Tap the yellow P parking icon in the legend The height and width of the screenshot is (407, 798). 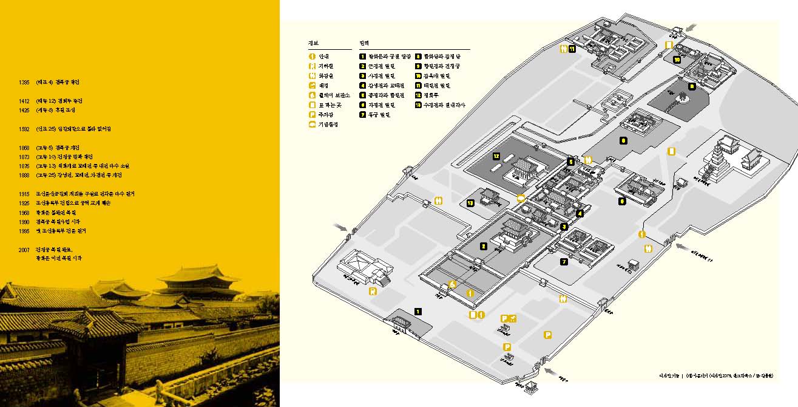312,115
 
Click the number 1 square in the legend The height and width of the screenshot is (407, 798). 362,56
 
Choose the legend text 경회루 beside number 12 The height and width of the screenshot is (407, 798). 431,95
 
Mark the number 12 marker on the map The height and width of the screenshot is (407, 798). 496,156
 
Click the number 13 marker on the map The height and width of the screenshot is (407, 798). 470,202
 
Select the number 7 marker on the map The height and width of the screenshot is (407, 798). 564,262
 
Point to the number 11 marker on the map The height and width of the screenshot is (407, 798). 572,49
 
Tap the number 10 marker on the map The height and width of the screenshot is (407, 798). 676,60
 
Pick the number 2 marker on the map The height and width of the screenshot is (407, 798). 483,247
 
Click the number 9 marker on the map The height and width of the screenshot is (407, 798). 623,140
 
